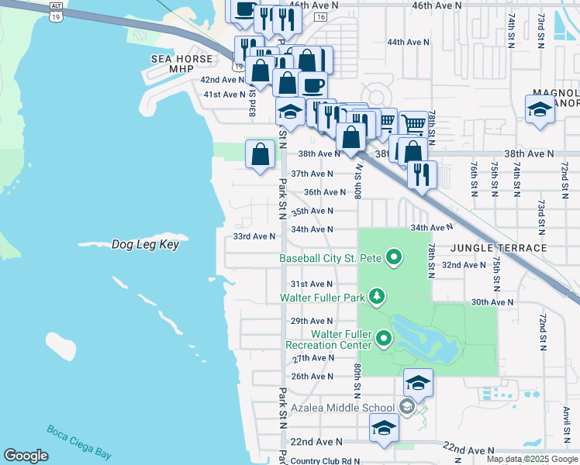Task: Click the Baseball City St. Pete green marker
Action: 394,257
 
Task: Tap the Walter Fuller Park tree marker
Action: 377,296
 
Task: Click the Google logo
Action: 26,456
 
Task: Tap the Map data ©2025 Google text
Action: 531,459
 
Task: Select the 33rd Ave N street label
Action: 254,236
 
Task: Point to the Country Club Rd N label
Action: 325,461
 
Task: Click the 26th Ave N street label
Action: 312,377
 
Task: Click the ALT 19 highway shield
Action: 54,11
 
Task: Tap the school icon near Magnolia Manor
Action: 539,109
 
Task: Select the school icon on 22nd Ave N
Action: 384,428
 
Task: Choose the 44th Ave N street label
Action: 408,42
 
